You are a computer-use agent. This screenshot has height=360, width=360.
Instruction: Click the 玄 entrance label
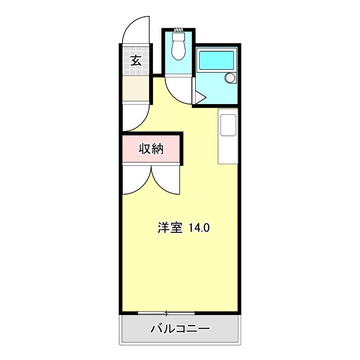click(x=136, y=60)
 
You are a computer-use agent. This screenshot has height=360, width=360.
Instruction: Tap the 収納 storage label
click(x=151, y=149)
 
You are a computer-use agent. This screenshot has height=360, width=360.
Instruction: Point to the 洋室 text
click(x=169, y=228)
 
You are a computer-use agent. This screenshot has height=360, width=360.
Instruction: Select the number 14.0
click(x=199, y=228)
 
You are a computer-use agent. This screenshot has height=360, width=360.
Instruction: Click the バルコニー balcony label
click(x=180, y=329)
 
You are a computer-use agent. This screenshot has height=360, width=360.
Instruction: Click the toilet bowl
click(x=179, y=48)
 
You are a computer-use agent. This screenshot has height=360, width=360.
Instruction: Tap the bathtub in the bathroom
click(x=216, y=60)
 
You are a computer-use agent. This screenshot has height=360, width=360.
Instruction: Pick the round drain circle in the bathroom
click(x=229, y=78)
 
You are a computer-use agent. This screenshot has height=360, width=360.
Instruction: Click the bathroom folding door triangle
click(x=200, y=98)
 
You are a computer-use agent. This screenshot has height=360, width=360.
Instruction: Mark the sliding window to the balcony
click(x=166, y=312)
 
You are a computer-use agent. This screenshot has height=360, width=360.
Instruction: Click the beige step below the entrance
click(x=136, y=88)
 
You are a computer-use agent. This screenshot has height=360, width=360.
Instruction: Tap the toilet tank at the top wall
click(x=178, y=31)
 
